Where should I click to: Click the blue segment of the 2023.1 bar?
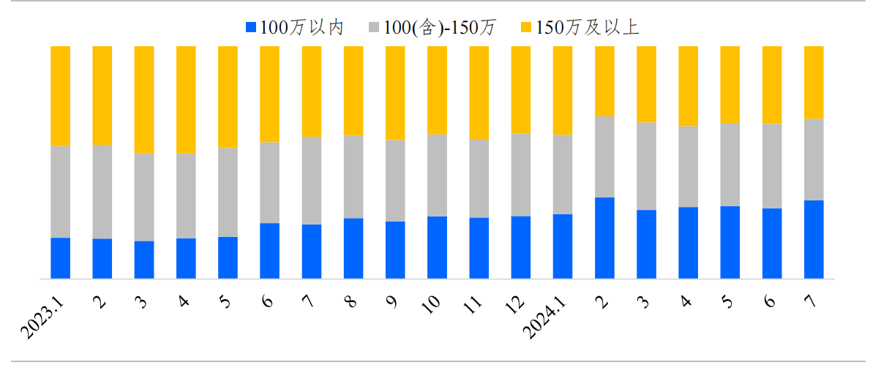click(60, 257)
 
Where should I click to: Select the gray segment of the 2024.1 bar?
click(563, 174)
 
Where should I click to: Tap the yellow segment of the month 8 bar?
click(353, 91)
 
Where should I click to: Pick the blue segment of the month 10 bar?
click(437, 247)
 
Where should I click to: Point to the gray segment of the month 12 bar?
click(521, 174)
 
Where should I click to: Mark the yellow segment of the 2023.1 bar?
click(60, 96)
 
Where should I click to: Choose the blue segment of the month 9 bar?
click(395, 249)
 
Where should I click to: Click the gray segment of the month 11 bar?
click(479, 178)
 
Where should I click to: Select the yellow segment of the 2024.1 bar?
click(563, 90)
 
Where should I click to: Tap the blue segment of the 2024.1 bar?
click(563, 246)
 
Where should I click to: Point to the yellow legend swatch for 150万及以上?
click(525, 28)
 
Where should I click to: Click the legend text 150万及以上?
click(588, 28)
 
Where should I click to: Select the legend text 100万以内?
click(301, 28)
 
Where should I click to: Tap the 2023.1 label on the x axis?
click(44, 316)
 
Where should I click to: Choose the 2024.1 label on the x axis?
click(547, 316)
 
